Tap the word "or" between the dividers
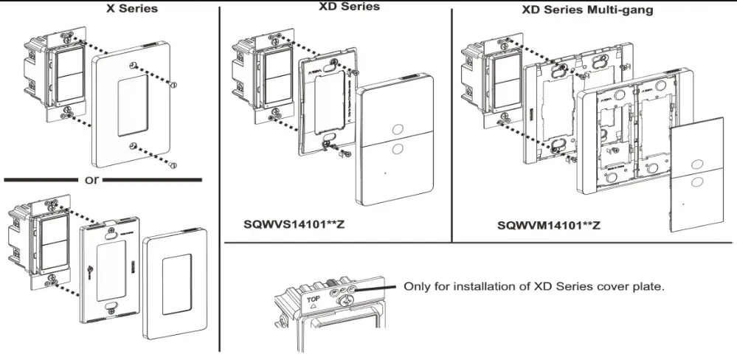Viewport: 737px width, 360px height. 91,180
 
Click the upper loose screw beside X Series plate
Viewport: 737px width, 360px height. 173,84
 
